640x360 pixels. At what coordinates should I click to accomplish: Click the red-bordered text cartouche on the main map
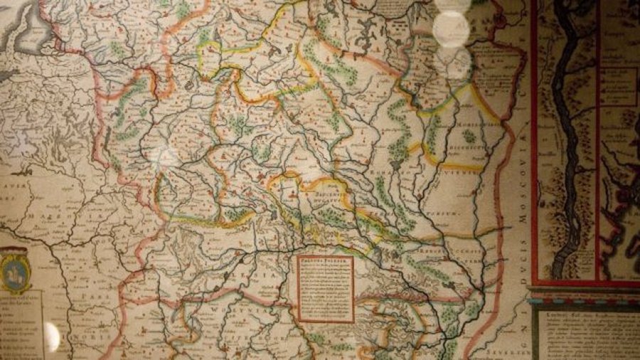[325, 288]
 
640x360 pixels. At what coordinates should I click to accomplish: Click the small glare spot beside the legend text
[52, 335]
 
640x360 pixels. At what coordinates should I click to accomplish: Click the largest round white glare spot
[452, 28]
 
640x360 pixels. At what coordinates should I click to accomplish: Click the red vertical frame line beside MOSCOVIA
[533, 142]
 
